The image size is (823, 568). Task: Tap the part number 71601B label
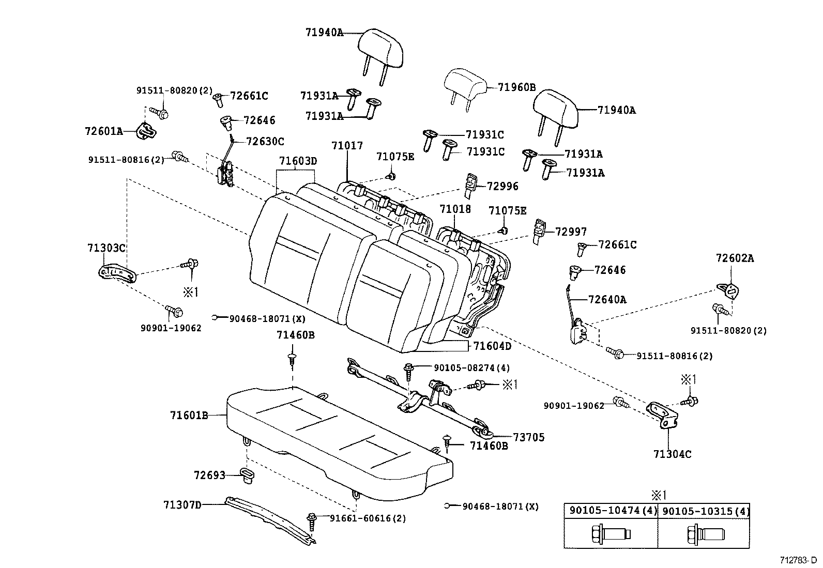tap(189, 415)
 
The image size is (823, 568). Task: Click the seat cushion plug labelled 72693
tap(247, 474)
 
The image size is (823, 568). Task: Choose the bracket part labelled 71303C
tap(118, 273)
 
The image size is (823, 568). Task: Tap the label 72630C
tap(265, 141)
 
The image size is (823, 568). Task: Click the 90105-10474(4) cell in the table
tap(610, 511)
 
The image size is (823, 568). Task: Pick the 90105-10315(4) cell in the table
tap(705, 511)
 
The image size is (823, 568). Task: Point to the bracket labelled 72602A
tap(729, 291)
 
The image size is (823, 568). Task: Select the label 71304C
tap(672, 454)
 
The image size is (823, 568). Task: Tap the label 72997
tap(571, 232)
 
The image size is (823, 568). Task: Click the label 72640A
tap(607, 299)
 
